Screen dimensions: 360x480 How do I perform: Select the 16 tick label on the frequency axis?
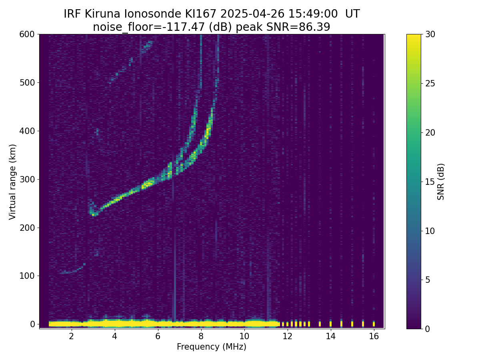click(x=374, y=336)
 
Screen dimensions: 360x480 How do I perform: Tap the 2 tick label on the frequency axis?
click(x=71, y=336)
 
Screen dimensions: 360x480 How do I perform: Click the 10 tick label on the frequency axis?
click(x=244, y=336)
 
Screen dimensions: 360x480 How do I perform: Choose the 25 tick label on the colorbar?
click(x=430, y=83)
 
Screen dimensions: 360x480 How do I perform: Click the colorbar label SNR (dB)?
click(x=441, y=181)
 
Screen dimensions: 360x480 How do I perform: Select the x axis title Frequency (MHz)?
click(x=212, y=347)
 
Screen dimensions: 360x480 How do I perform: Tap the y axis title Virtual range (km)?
click(x=12, y=181)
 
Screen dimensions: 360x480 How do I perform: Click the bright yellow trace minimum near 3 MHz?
click(x=93, y=215)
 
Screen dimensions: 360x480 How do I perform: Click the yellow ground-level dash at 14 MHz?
click(x=330, y=323)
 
